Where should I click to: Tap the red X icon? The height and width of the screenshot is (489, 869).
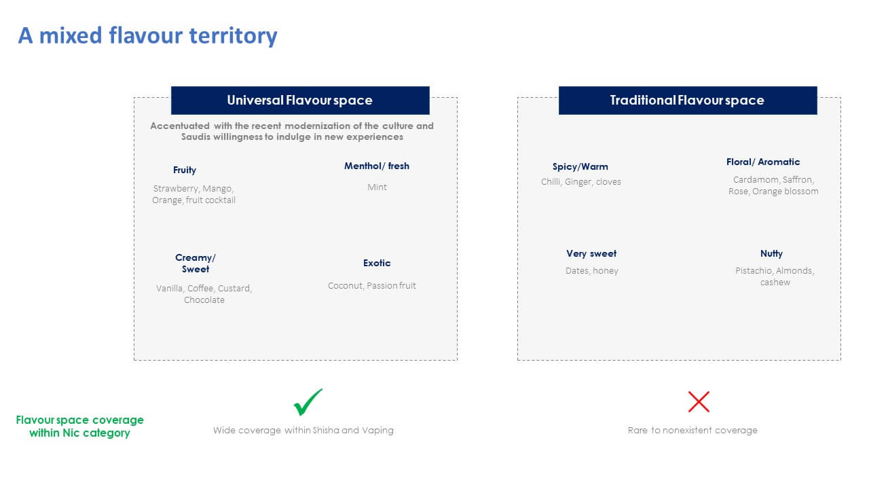(699, 401)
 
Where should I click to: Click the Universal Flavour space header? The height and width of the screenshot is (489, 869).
(300, 100)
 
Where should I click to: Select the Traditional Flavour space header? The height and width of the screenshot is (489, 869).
(688, 100)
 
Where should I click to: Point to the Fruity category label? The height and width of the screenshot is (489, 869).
(185, 170)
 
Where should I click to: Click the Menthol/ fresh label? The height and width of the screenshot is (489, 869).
(377, 166)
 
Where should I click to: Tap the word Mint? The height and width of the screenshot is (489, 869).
(377, 187)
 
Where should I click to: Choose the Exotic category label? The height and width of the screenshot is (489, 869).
(377, 263)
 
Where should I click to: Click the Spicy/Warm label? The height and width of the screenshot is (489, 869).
(580, 166)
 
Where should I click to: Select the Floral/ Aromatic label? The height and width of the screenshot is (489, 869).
(763, 162)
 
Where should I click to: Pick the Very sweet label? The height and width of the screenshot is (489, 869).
(591, 253)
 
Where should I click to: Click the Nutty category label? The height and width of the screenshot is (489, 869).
(771, 253)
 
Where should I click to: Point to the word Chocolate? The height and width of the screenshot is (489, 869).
(204, 300)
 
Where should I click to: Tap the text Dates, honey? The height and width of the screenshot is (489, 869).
(591, 271)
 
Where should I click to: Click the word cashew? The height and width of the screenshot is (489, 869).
(775, 283)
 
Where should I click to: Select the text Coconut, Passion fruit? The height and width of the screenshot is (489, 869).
(371, 286)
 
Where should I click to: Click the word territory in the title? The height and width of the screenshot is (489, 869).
(233, 36)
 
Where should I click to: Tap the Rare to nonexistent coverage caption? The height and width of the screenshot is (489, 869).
(692, 430)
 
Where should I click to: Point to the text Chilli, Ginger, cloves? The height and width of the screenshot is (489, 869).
(580, 182)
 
